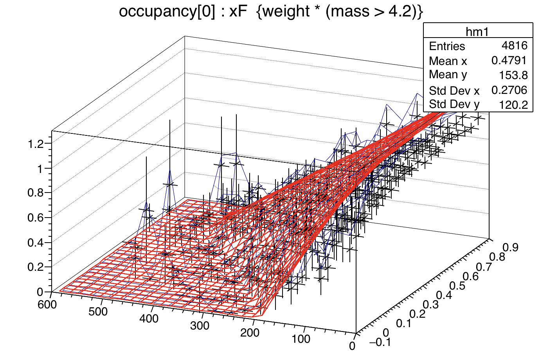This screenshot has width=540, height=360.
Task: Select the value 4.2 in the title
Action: [x=401, y=12]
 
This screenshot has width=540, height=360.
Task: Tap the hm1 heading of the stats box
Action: [x=477, y=31]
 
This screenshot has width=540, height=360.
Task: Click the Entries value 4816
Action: [x=515, y=45]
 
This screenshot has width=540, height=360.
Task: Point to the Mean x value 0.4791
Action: [x=509, y=60]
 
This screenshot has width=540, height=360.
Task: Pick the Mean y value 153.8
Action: [x=513, y=75]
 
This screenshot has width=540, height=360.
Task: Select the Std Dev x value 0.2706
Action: [x=509, y=90]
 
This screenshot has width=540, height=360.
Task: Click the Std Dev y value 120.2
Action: [x=513, y=104]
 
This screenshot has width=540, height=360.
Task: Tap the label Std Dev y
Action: [x=454, y=104]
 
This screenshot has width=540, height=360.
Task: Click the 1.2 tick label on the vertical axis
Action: [x=35, y=144]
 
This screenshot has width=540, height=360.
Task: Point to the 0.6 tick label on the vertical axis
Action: [x=35, y=218]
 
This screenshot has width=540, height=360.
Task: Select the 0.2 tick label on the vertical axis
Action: [x=35, y=267]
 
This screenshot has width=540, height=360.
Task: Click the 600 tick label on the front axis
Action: [x=47, y=305]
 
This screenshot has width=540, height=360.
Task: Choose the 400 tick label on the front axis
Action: [x=149, y=319]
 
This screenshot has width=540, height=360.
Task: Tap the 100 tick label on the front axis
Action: [x=301, y=338]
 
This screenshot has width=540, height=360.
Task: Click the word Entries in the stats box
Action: [x=447, y=46]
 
